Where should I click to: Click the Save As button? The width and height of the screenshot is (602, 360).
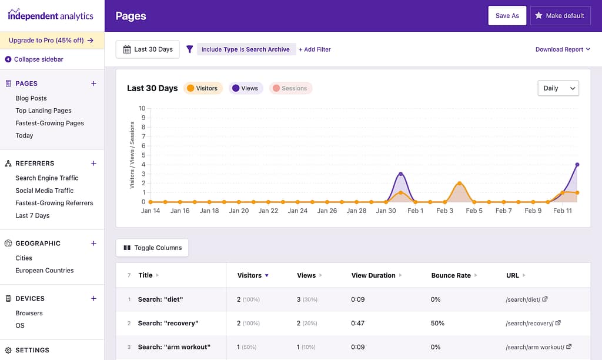click(507, 16)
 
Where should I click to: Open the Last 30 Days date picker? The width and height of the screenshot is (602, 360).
click(148, 49)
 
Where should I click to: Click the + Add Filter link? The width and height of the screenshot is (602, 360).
click(315, 49)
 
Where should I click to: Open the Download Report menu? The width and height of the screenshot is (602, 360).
click(563, 49)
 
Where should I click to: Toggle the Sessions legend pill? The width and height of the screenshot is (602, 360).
click(290, 88)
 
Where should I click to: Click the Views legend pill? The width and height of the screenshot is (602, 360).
click(245, 88)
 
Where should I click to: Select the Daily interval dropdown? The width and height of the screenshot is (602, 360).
click(558, 88)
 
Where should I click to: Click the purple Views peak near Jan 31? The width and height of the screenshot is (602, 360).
click(400, 174)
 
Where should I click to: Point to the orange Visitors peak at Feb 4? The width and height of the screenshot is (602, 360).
click(459, 183)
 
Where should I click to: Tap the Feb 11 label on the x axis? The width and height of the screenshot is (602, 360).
click(562, 211)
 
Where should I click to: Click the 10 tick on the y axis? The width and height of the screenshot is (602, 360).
click(142, 108)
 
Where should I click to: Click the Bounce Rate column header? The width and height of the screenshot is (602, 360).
click(451, 275)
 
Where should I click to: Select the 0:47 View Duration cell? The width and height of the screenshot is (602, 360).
click(358, 323)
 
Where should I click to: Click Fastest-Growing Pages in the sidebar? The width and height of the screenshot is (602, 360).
click(49, 123)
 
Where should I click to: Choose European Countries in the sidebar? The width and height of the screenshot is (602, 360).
click(45, 271)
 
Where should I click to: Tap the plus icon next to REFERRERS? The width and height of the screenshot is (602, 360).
click(93, 164)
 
